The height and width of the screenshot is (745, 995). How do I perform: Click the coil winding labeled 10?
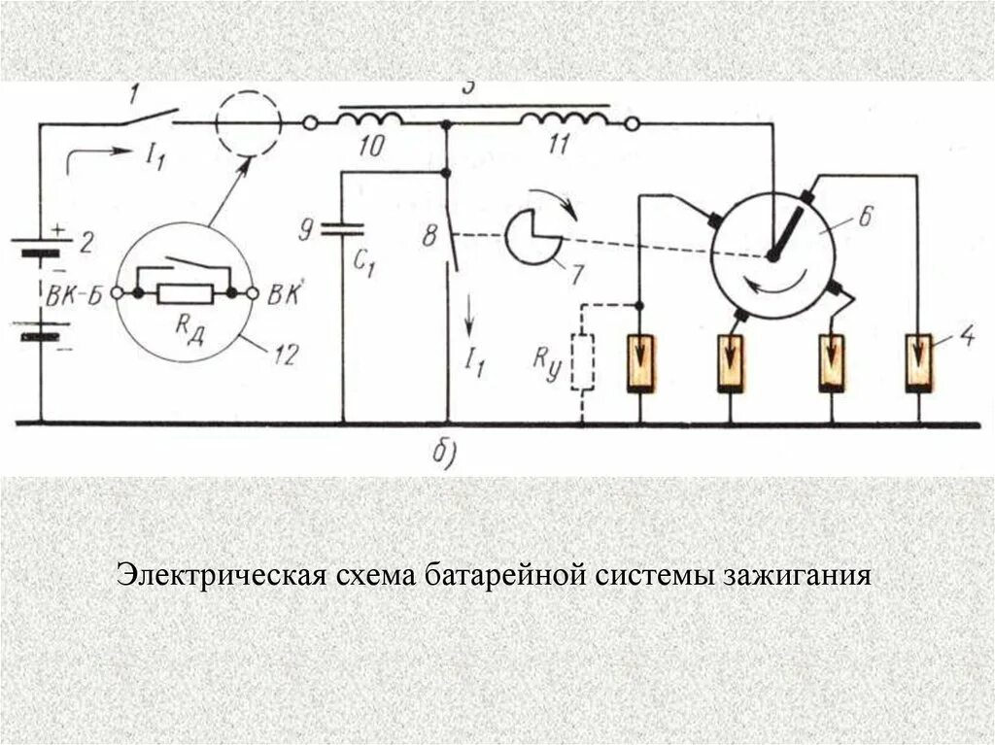pyautogui.click(x=369, y=120)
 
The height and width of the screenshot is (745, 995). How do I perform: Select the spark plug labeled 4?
pyautogui.click(x=918, y=362)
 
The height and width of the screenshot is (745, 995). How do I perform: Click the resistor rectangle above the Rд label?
pyautogui.click(x=186, y=292)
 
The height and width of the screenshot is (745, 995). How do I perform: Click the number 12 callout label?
pyautogui.click(x=284, y=355)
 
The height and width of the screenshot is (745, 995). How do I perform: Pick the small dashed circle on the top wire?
pyautogui.click(x=247, y=124)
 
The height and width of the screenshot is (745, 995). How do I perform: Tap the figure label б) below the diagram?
pyautogui.click(x=442, y=453)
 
